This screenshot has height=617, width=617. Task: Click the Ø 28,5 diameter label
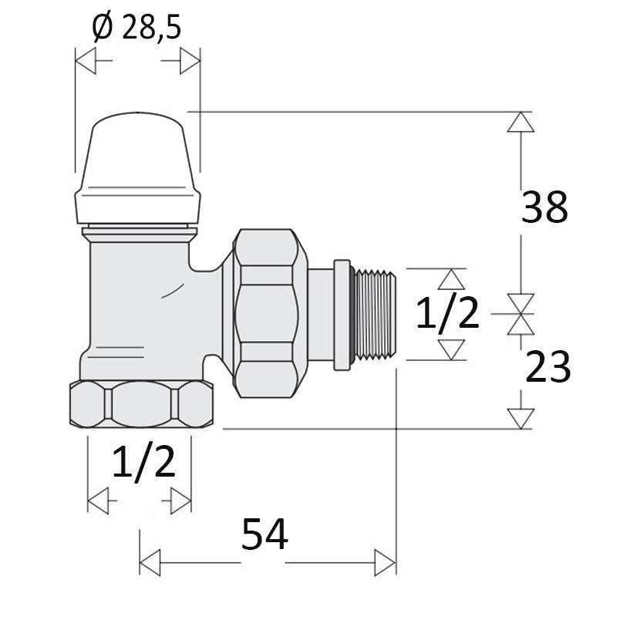point(137,28)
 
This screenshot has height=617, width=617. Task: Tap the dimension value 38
point(545,207)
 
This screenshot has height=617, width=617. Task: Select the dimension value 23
point(548,367)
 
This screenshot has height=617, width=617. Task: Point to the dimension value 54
point(265,534)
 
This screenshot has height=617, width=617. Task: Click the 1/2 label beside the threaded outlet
point(447,313)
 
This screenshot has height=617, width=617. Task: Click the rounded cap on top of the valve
point(137,168)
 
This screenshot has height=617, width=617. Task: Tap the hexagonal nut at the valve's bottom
point(142,404)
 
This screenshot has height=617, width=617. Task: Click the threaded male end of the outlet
point(374,315)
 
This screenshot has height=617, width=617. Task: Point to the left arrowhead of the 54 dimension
point(150,563)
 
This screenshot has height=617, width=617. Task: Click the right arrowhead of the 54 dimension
point(385,563)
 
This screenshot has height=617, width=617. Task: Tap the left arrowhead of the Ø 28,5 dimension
point(86,61)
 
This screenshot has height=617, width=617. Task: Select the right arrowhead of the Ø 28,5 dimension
point(190,61)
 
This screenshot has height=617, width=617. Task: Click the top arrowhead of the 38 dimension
point(521,122)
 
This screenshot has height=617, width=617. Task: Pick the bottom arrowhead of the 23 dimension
point(521,419)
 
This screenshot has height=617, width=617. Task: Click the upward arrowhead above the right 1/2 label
point(451,279)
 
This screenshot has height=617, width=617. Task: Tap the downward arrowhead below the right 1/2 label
point(451,350)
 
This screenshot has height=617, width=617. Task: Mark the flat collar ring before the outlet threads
point(342,315)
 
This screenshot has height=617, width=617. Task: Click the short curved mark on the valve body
point(172,291)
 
